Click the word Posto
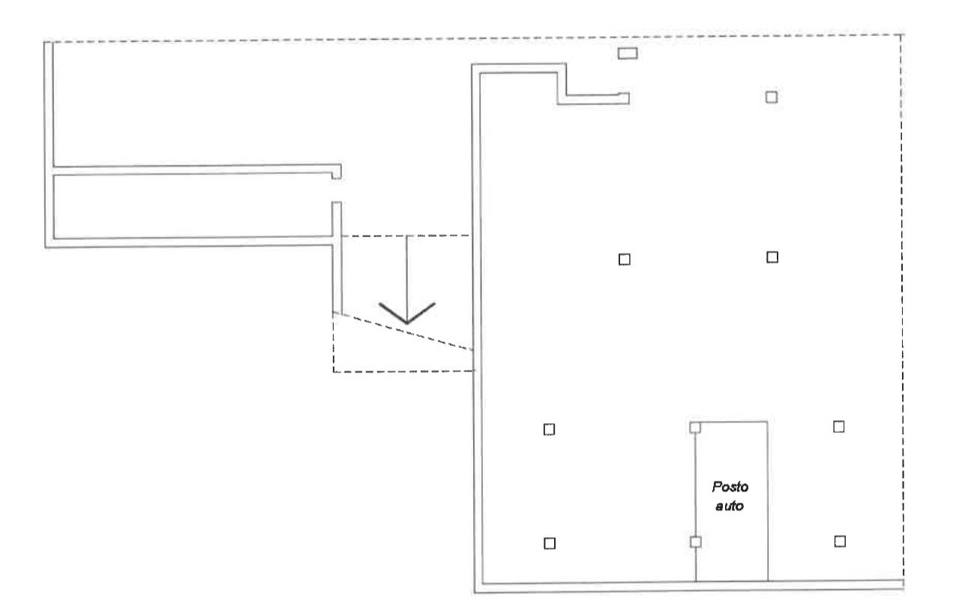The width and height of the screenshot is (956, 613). click(x=730, y=487)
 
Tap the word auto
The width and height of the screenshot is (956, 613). click(x=730, y=506)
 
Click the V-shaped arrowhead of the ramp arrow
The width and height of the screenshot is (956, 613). click(x=406, y=313)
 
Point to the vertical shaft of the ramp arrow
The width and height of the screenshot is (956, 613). click(x=406, y=278)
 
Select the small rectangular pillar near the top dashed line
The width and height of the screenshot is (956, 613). click(x=628, y=53)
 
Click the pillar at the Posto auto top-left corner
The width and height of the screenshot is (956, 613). click(x=695, y=427)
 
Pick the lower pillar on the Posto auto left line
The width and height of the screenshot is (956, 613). click(x=696, y=542)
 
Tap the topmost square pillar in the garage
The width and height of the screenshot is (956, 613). click(x=772, y=97)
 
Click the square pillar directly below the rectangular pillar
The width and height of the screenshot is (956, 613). click(x=625, y=260)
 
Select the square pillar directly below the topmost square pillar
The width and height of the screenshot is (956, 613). click(x=772, y=257)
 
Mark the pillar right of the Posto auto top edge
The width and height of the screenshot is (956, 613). click(x=838, y=427)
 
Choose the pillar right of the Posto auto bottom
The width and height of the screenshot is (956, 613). click(x=840, y=541)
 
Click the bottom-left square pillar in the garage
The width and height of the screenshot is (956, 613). click(x=550, y=543)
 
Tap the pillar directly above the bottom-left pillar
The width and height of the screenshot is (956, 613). click(x=550, y=429)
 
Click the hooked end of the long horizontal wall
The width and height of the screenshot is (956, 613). click(x=337, y=172)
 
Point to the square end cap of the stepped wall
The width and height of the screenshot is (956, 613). click(x=624, y=98)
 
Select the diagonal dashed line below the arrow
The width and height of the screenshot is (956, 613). click(x=403, y=332)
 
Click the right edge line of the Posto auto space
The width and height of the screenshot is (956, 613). click(x=768, y=501)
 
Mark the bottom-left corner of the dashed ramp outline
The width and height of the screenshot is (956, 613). click(x=334, y=372)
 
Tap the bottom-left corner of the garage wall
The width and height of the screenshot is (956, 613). click(x=475, y=593)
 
